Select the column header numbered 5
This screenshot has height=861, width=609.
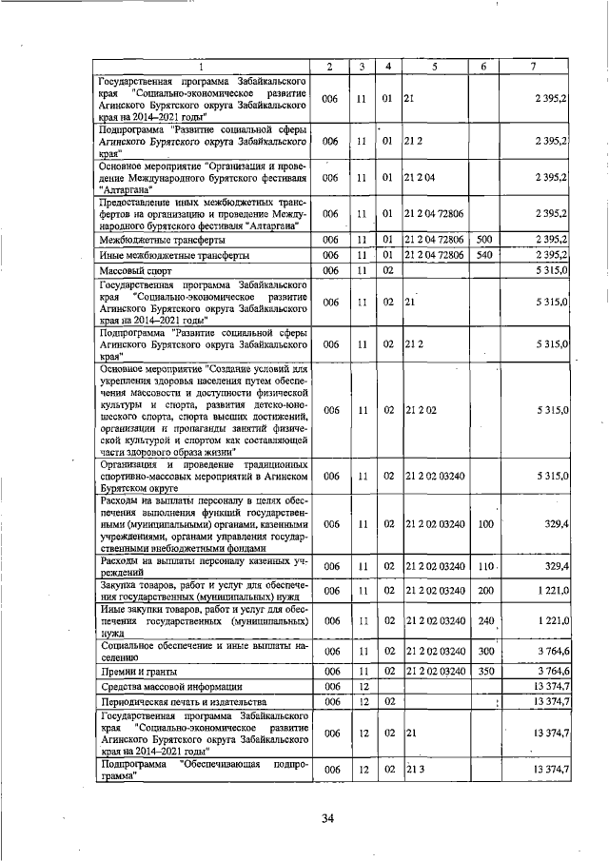pos(433,66)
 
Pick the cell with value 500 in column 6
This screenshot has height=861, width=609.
pos(483,239)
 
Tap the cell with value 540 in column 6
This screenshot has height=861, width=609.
pos(483,255)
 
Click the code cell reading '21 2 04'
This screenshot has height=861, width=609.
pos(420,177)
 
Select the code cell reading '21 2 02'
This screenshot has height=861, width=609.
pos(420,410)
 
